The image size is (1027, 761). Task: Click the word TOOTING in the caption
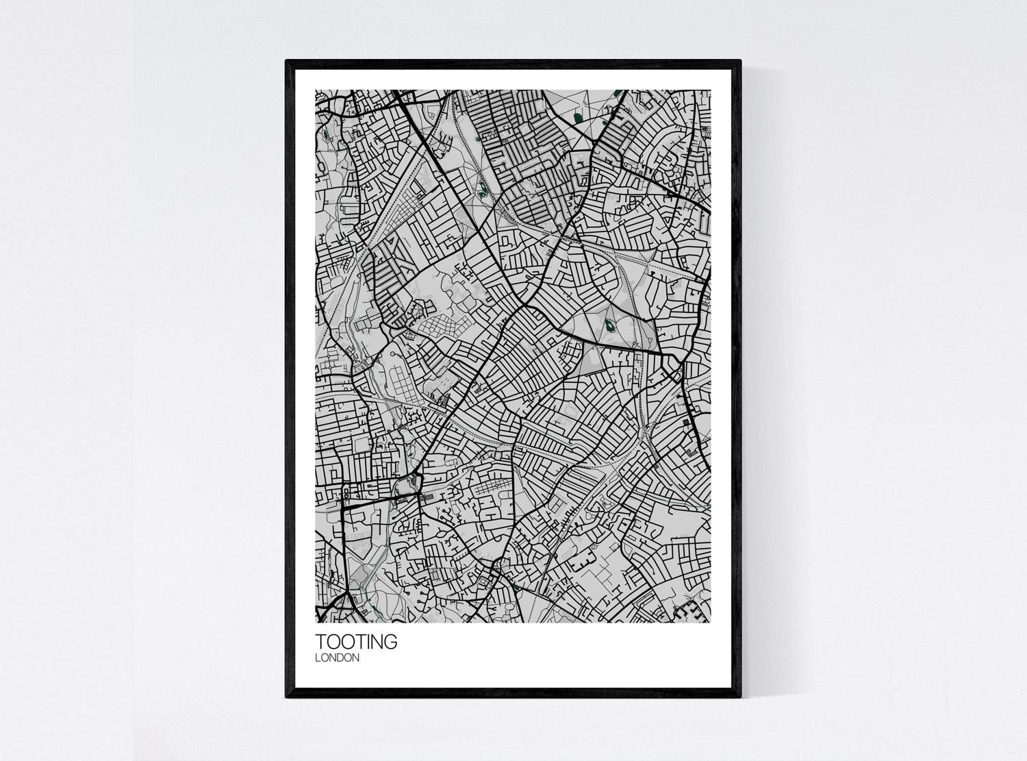click(x=355, y=643)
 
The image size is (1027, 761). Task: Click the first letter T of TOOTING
click(x=320, y=643)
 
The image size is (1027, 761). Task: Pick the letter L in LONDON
click(x=318, y=658)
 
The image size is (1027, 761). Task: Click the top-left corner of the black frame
click(x=287, y=62)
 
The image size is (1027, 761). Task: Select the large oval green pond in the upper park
click(x=579, y=118)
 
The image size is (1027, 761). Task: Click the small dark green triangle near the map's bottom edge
click(x=516, y=586)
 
